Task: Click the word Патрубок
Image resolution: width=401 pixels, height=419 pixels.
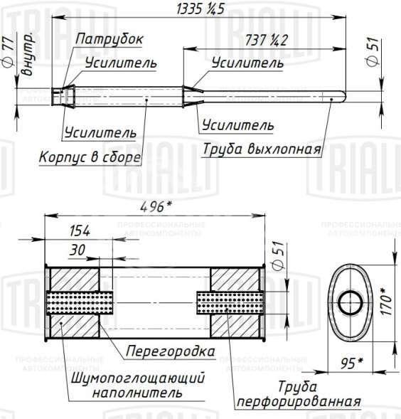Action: tap(110, 38)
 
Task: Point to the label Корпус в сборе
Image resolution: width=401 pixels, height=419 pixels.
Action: tap(90, 158)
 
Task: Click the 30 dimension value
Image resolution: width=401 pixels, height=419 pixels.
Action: tap(78, 250)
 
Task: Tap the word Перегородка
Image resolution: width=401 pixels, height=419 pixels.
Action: tap(171, 351)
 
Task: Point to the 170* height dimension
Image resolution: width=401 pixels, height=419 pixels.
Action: tap(385, 301)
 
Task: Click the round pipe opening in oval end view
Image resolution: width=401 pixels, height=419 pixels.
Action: tap(348, 302)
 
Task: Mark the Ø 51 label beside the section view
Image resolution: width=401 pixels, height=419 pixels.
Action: tap(278, 254)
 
